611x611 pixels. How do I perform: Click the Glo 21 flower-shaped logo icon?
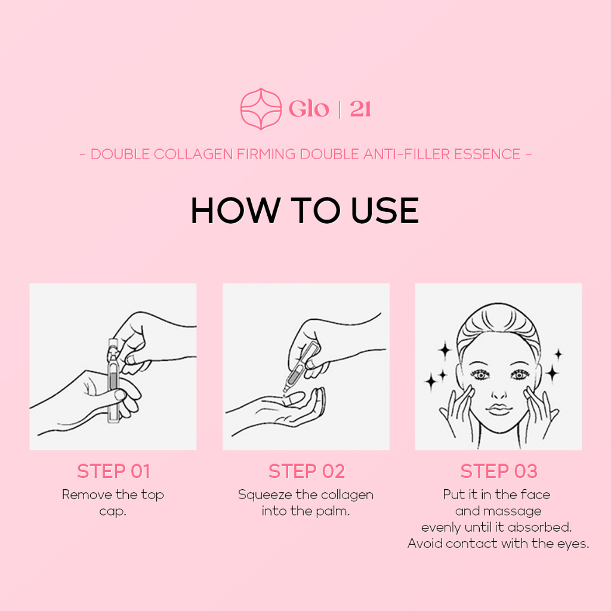coord(261,109)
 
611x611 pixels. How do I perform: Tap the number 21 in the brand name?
coord(360,109)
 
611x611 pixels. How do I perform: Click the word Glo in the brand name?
coord(309,109)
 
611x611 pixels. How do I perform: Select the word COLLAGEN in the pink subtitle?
coord(193,155)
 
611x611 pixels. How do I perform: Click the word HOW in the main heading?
coord(236,211)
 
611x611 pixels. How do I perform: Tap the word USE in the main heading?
coord(385,211)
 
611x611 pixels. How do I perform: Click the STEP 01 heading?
coord(113,471)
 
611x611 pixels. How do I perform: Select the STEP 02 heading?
coord(307,471)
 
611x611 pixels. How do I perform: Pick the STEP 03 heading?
coord(499,471)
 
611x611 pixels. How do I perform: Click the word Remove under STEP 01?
coord(87,495)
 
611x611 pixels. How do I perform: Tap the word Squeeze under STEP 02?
coord(265,495)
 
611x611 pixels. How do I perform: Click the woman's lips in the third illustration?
coord(499,409)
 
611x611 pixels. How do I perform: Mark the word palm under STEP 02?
coord(332,511)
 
